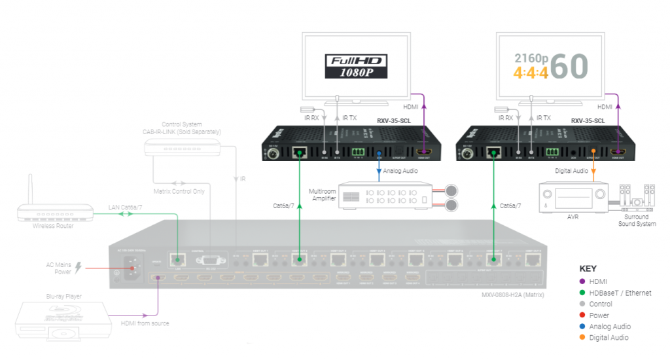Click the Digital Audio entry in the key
click(609, 337)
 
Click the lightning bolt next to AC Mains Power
click(79, 267)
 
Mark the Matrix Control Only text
click(180, 192)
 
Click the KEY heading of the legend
click(588, 268)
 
